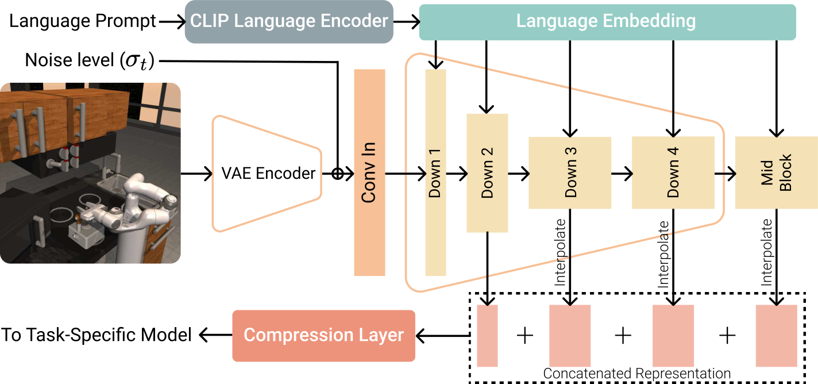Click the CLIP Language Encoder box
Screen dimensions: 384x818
point(289,22)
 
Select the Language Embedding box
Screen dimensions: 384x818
point(607,22)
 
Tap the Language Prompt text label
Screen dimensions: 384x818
point(83,22)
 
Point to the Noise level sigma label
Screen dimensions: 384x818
point(90,60)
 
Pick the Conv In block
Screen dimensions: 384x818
point(369,172)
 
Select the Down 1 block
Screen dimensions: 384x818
point(435,172)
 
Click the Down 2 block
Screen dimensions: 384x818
point(487,172)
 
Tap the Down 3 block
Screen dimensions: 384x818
point(569,172)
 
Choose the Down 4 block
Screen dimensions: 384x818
point(672,172)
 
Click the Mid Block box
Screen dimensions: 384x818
point(776,172)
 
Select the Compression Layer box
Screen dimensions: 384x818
point(323,336)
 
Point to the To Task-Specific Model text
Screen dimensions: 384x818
point(96,335)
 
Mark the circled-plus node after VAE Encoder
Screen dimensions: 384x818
point(338,172)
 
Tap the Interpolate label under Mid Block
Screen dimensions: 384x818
point(766,253)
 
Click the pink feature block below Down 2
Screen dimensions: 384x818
point(487,336)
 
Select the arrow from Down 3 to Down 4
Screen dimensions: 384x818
point(621,172)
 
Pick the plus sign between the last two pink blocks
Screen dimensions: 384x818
point(727,335)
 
